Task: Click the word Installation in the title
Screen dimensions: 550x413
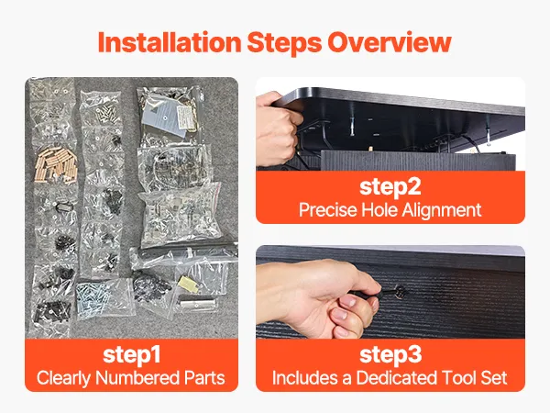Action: [x=170, y=42]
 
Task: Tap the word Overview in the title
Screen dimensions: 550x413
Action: [x=390, y=42]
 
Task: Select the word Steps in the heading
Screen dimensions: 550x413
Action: [x=284, y=43]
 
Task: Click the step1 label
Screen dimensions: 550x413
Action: [x=131, y=354]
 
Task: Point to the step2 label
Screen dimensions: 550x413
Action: [x=390, y=187]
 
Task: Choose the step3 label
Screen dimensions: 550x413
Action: [x=390, y=354]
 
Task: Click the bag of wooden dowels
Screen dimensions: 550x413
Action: [x=56, y=165]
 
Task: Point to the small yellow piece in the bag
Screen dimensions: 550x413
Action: [x=188, y=285]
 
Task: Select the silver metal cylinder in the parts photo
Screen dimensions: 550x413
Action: [x=196, y=302]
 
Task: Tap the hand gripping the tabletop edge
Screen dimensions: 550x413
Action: [x=277, y=128]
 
